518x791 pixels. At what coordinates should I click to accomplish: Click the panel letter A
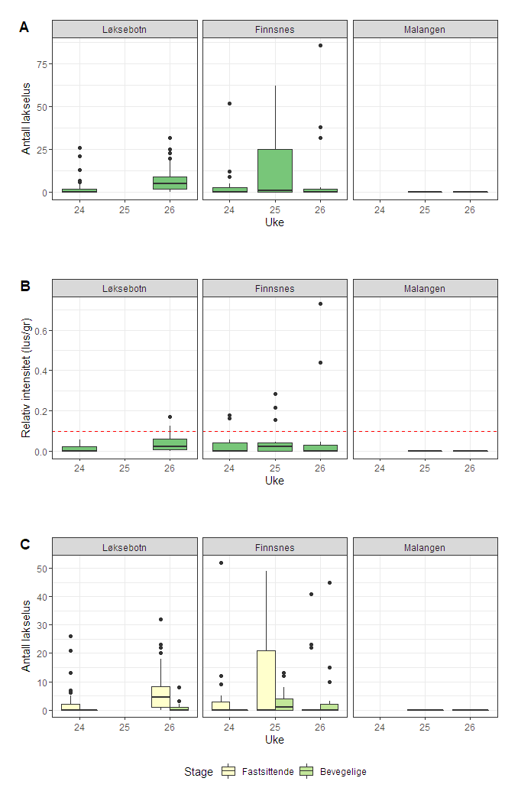[x=24, y=28]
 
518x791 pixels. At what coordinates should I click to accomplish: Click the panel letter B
[x=24, y=287]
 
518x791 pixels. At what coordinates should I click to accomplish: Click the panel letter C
[x=24, y=544]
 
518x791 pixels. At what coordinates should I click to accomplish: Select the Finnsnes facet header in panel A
[x=274, y=29]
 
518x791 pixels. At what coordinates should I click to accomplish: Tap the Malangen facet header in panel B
[x=425, y=288]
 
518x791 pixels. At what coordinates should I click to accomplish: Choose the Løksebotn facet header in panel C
[x=125, y=546]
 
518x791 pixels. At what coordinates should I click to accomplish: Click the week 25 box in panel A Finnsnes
[x=274, y=170]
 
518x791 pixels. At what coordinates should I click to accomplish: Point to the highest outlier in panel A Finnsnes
[x=320, y=46]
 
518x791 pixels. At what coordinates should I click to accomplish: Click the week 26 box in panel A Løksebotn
[x=170, y=183]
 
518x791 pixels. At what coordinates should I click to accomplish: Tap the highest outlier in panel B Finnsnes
[x=320, y=303]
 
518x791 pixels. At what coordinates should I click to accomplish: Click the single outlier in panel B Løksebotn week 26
[x=170, y=417]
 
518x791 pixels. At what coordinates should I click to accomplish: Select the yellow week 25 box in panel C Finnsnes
[x=266, y=679]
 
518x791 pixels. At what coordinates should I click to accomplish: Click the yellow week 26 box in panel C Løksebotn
[x=160, y=696]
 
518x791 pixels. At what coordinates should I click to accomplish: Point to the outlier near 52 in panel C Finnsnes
[x=221, y=562]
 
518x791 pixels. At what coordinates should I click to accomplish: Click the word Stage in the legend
[x=199, y=772]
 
